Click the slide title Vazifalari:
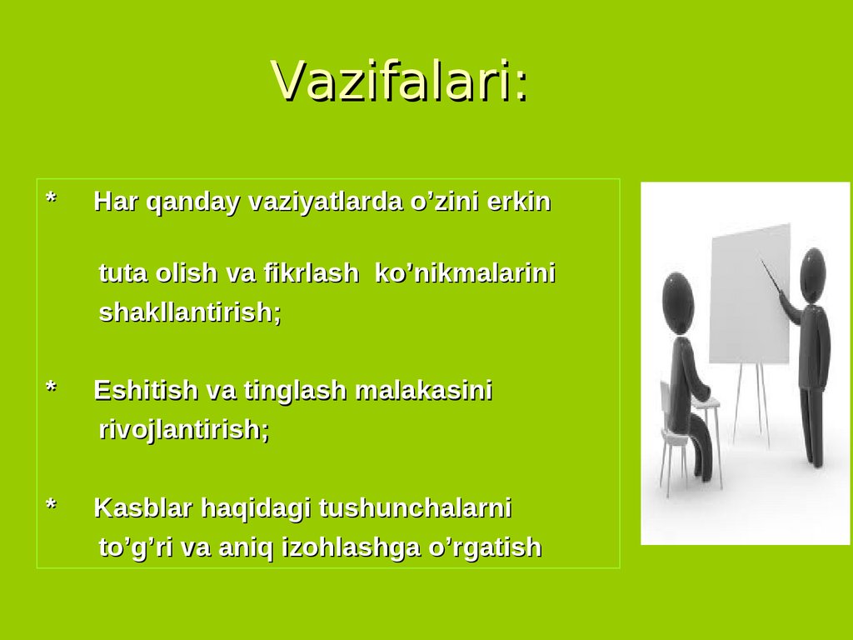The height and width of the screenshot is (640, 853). [399, 82]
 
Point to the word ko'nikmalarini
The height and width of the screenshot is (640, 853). [466, 273]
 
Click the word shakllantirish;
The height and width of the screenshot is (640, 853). [190, 313]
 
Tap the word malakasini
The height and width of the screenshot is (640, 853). [424, 390]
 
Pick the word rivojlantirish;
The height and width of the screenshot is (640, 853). [184, 431]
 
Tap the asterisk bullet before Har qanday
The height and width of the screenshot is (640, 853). [51, 200]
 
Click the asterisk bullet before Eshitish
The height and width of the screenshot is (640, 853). [51, 388]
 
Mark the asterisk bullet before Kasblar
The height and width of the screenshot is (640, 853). [51, 506]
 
